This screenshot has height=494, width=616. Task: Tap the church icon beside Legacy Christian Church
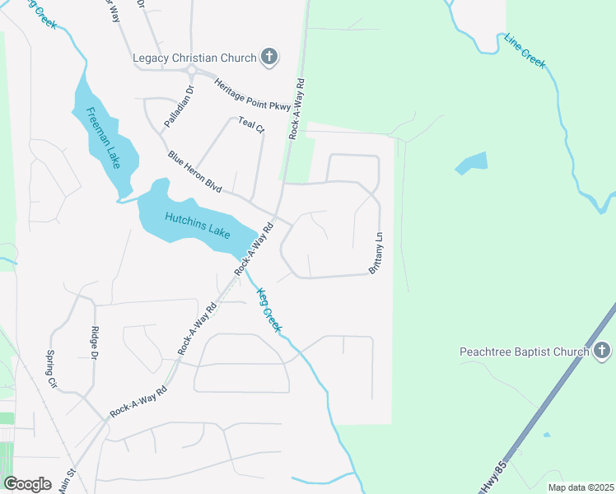[x=268, y=57]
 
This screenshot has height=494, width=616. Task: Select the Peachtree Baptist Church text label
[x=524, y=352]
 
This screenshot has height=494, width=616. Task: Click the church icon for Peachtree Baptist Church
[x=602, y=352]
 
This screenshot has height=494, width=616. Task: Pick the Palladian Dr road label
[x=178, y=106]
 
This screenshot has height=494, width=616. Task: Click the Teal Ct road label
[x=251, y=125]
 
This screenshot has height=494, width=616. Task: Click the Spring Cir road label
[x=52, y=370]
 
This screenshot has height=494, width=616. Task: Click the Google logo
[x=27, y=483]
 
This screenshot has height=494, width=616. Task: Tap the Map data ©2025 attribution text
[x=581, y=487]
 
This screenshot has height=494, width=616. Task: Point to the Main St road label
[x=66, y=481]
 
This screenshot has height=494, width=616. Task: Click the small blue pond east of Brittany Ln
[x=471, y=163]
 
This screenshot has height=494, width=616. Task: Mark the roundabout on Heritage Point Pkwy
[x=190, y=71]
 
